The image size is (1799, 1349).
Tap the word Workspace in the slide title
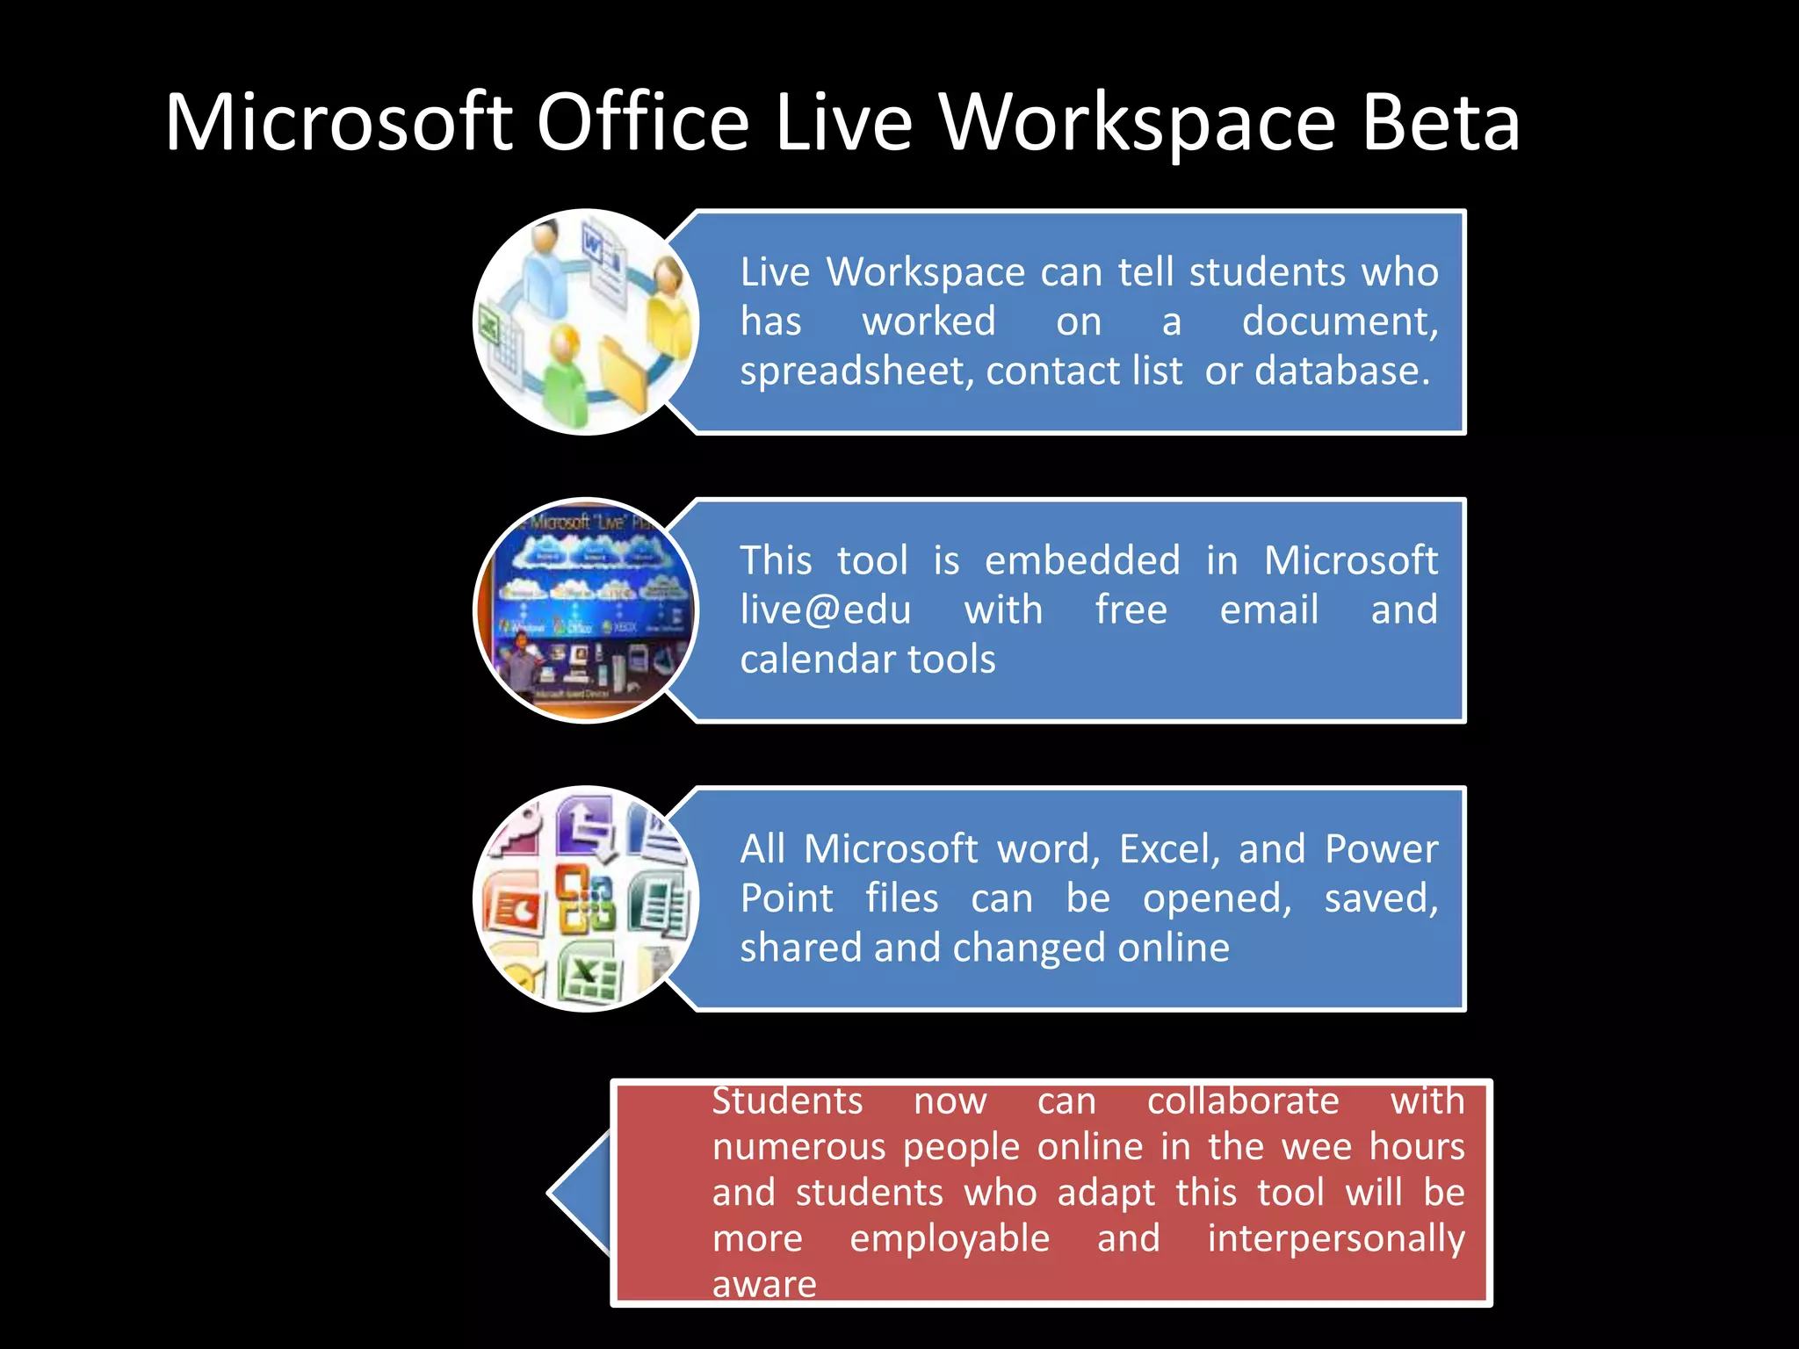click(x=1138, y=124)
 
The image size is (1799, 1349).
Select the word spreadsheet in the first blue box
click(x=856, y=372)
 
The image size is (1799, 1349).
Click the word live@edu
click(x=826, y=610)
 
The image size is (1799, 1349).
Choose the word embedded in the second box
click(x=1082, y=560)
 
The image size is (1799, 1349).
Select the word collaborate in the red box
click(x=1243, y=1101)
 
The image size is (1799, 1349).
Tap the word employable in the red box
click(x=950, y=1238)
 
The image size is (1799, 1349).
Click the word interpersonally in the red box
click(x=1336, y=1238)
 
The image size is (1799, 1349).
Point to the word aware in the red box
click(x=764, y=1284)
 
